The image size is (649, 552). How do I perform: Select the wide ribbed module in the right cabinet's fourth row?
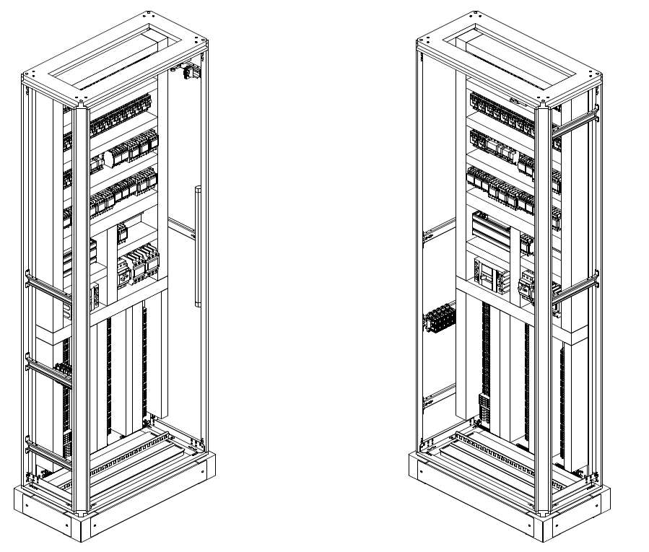click(492, 227)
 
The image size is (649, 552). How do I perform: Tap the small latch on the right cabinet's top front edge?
click(514, 102)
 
